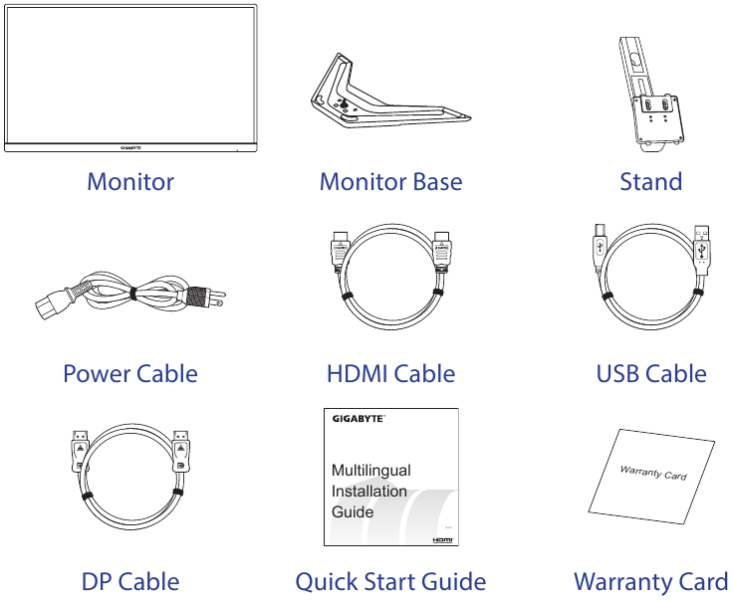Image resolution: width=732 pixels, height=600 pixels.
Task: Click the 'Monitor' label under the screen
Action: coord(130,182)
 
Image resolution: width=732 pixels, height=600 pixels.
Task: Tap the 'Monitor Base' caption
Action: coord(390,182)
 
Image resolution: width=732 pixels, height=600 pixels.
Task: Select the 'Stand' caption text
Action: coord(650,182)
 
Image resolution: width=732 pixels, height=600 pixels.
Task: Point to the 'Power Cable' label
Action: coord(130,374)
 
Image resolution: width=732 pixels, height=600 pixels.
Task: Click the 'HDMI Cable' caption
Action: coord(390,374)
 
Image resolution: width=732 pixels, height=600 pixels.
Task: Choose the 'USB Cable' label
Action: coord(650,374)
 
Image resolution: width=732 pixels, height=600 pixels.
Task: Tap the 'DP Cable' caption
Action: coord(130,581)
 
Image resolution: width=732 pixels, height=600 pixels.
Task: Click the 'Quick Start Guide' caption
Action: coord(390,581)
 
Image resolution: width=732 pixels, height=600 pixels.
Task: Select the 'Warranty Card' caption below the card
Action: coord(650,581)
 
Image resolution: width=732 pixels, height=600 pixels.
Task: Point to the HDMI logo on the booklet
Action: coord(444,538)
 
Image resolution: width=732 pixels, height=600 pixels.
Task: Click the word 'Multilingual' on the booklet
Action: coord(370,470)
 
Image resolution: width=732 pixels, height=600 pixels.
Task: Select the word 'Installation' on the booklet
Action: coord(368,491)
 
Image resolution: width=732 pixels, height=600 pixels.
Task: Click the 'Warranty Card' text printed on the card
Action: coord(653,472)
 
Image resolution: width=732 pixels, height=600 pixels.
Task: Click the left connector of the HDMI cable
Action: coord(338,253)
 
